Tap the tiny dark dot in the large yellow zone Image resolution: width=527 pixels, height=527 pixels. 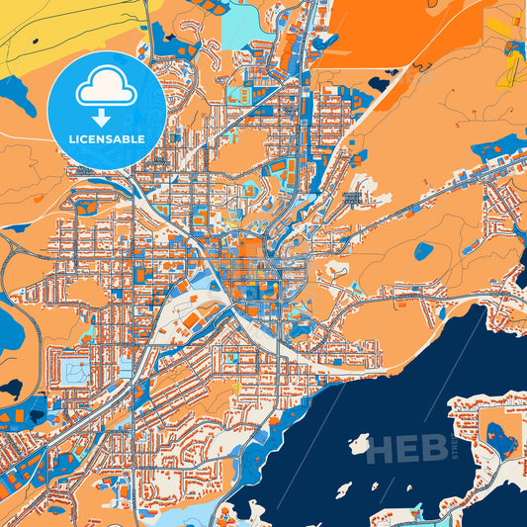point(36,42)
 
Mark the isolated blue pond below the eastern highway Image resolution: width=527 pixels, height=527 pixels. point(423,251)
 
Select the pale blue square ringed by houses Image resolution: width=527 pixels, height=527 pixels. point(73,372)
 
